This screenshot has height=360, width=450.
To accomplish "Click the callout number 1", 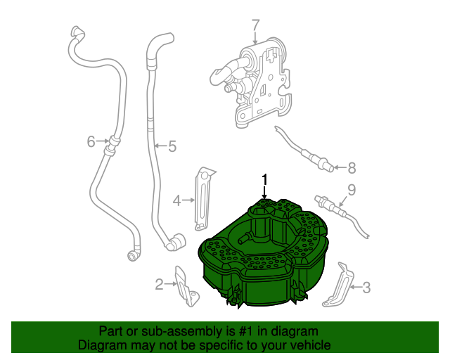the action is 264,180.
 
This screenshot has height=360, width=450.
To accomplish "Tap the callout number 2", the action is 160,284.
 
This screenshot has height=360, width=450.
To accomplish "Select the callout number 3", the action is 366,288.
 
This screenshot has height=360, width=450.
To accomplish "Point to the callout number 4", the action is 176,200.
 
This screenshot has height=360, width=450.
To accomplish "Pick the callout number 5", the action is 172,146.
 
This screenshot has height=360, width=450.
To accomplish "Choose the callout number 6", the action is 91,141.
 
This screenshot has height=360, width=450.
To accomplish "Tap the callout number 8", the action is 352,168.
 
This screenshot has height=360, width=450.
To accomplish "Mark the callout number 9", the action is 352,190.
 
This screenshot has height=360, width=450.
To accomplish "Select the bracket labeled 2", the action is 186,286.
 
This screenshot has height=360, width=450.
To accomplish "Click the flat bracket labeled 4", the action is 203,199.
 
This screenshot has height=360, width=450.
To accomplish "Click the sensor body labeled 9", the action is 330,205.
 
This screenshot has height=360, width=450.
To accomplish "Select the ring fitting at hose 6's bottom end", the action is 132,256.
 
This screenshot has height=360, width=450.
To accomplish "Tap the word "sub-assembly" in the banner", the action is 188,331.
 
